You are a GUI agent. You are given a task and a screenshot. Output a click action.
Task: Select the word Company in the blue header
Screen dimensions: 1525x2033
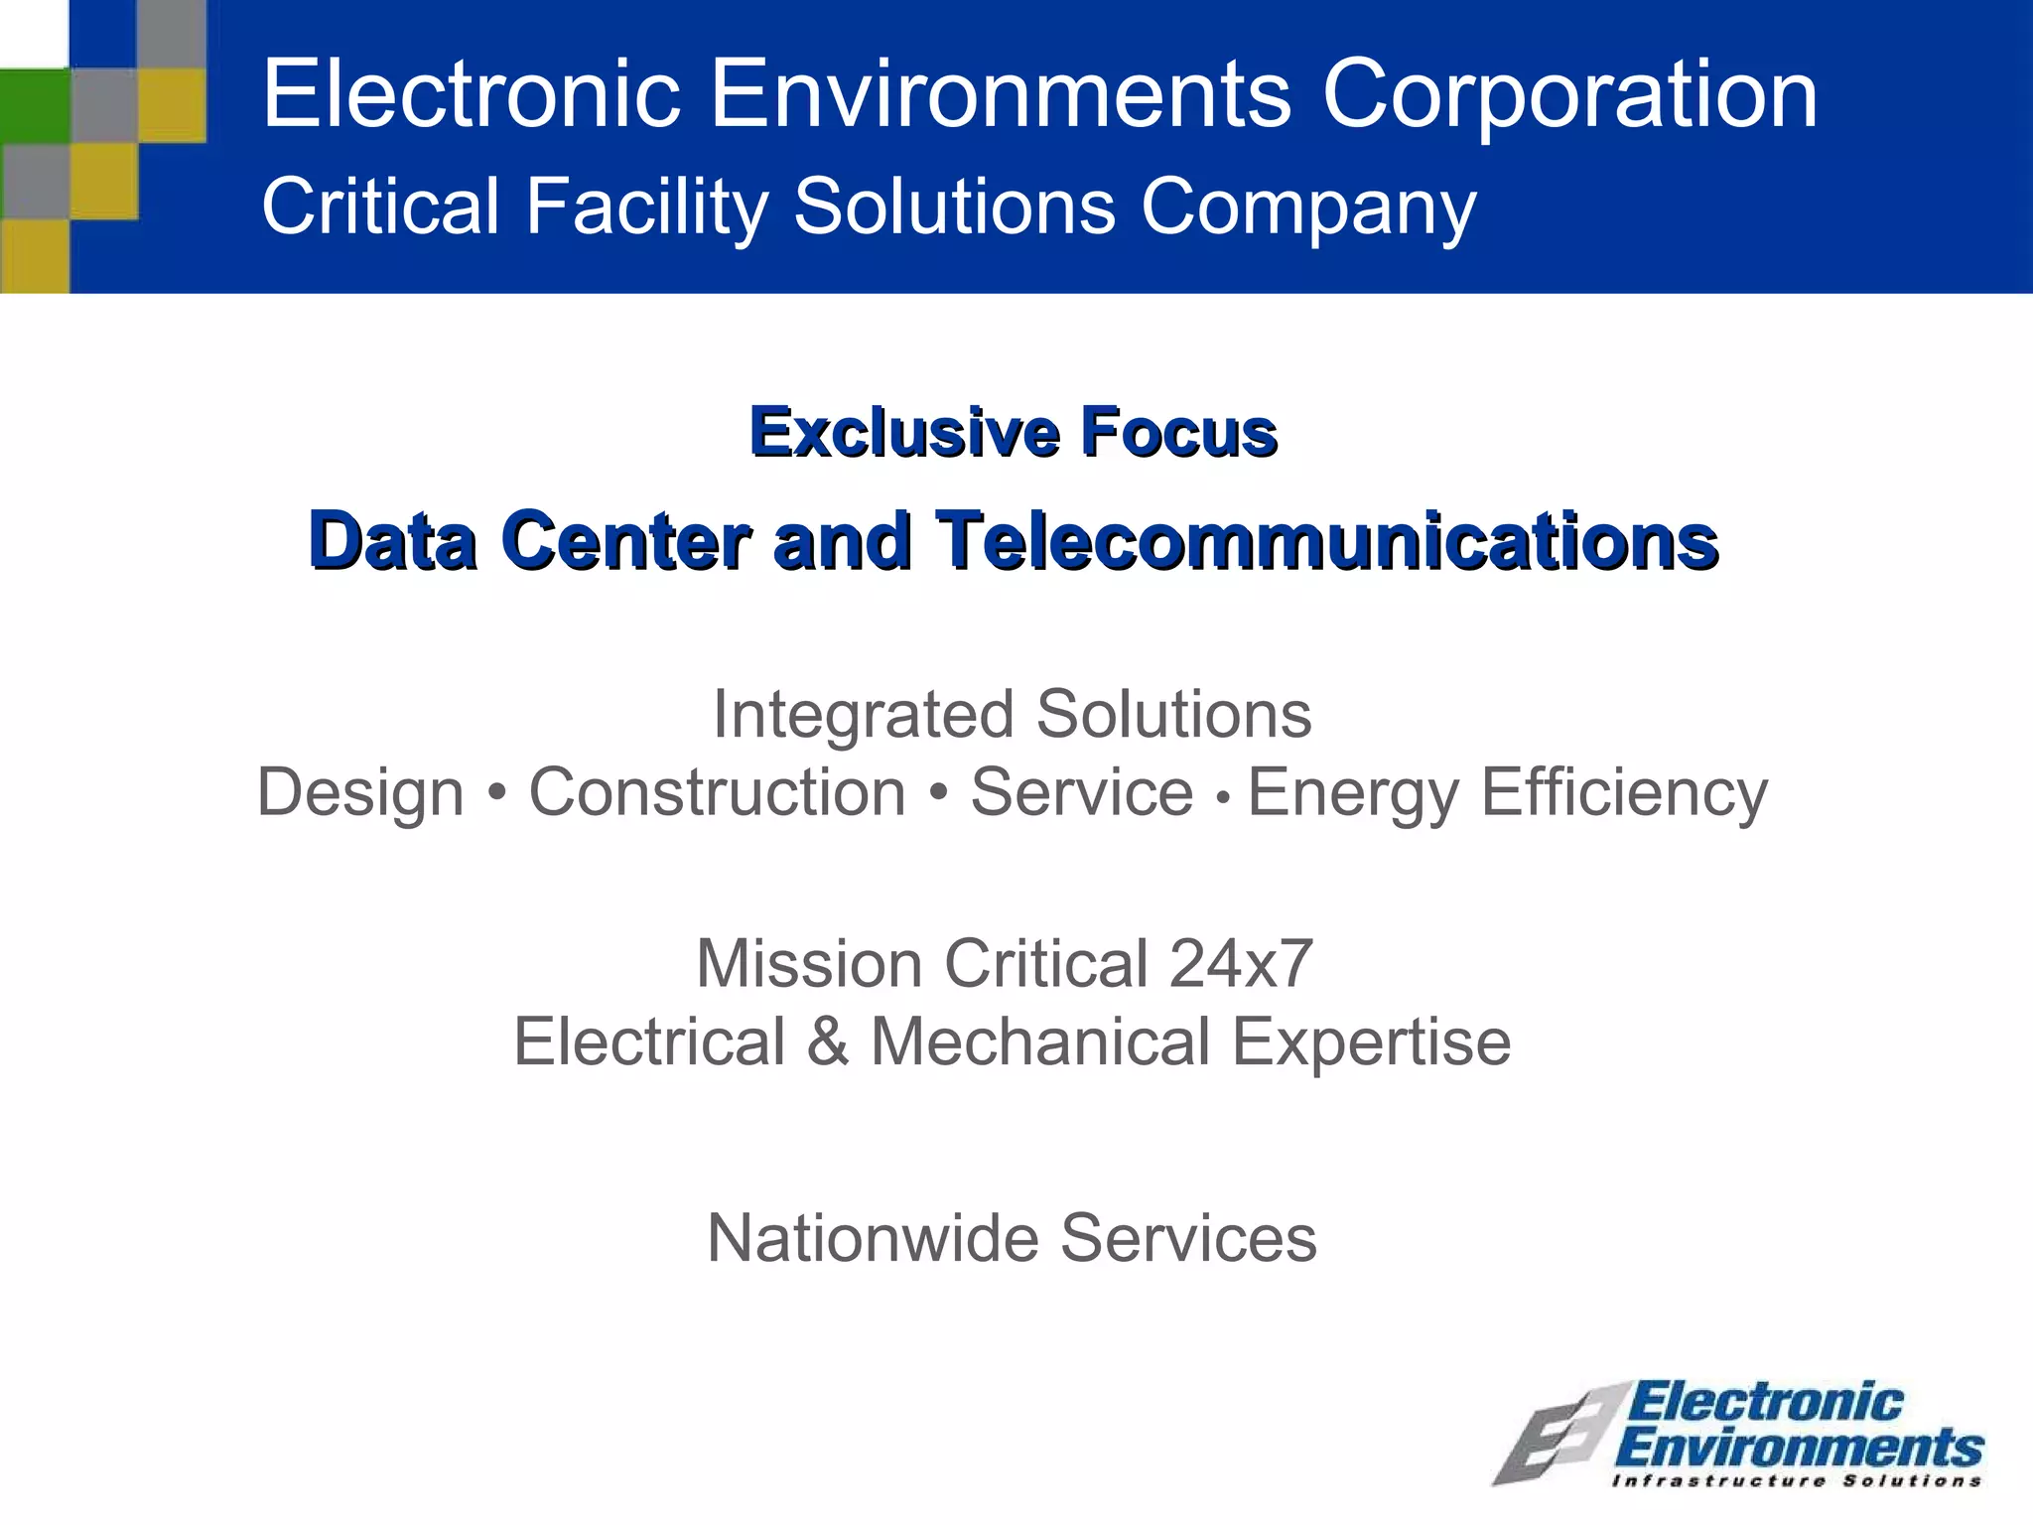1308,208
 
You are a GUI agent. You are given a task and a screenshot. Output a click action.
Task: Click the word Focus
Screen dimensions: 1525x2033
1178,433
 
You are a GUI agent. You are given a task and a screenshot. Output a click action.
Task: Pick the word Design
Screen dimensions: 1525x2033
360,792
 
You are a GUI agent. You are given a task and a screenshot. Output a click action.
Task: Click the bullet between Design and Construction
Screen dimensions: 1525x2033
496,792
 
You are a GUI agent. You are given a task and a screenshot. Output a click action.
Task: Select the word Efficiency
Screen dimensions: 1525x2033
1624,792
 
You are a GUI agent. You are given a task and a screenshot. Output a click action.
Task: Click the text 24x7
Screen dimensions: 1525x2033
1241,963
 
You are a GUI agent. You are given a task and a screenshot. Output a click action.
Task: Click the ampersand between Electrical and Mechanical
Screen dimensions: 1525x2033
828,1041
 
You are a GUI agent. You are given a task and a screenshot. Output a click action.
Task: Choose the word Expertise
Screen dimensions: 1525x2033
1371,1041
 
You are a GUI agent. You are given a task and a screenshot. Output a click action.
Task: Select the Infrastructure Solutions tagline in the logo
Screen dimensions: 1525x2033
1797,1481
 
